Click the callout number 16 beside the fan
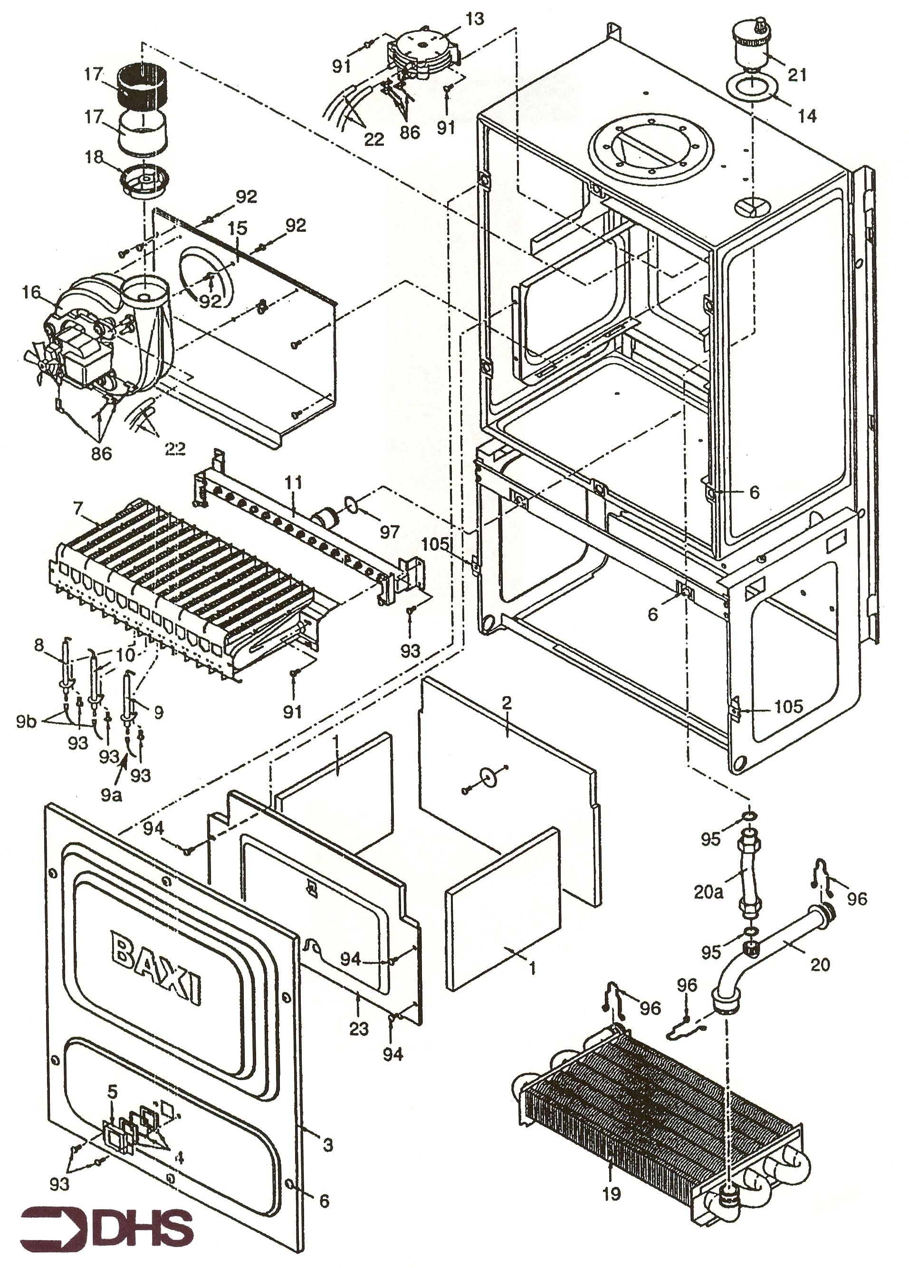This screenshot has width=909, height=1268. point(31,292)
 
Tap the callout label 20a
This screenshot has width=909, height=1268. point(708,892)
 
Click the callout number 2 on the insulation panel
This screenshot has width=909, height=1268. point(506,703)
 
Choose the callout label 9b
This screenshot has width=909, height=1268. point(26,721)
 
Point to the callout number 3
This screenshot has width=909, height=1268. point(328,1144)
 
